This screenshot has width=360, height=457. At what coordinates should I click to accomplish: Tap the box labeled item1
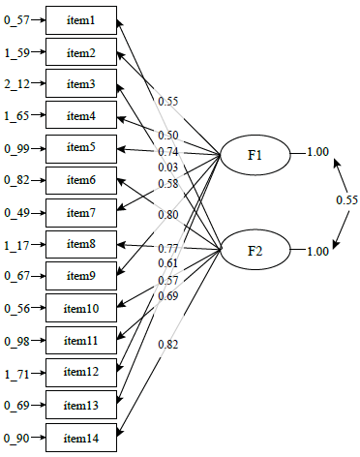[x=81, y=20]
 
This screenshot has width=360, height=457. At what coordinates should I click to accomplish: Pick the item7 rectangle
[x=81, y=212]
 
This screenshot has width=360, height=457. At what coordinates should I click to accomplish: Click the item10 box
[x=81, y=308]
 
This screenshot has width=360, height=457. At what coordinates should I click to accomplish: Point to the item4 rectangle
[x=81, y=116]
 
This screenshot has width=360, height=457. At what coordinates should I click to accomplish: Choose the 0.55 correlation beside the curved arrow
[x=346, y=200]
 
